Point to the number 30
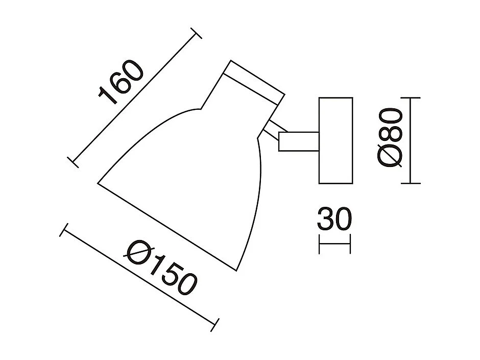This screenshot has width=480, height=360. [x=334, y=220]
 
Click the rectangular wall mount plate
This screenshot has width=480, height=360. [x=335, y=140]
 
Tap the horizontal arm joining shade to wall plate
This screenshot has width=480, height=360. [x=298, y=141]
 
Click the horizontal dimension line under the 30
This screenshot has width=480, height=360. [x=335, y=244]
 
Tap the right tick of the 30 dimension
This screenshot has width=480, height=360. [x=351, y=244]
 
